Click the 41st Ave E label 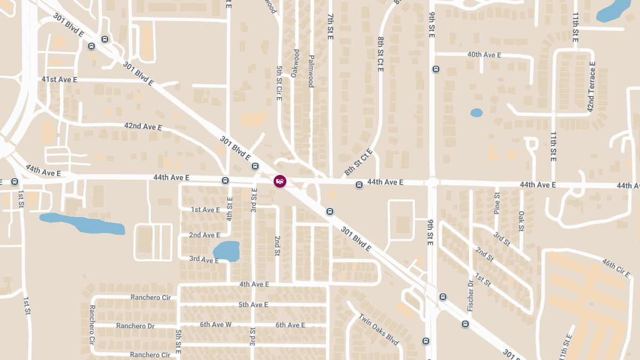tap(59, 79)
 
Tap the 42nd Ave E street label tap(142, 126)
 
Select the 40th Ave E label tap(484, 55)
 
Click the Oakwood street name tap(295, 63)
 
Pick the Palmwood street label tap(311, 71)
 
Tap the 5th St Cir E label tap(279, 83)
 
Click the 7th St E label tap(330, 27)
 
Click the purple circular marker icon tap(279, 181)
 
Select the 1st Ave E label tap(205, 210)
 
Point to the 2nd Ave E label tap(204, 235)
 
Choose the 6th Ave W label tap(215, 325)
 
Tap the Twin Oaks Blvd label tap(379, 329)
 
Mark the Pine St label tap(497, 203)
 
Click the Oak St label tap(522, 221)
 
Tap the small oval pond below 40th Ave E tap(476, 113)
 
